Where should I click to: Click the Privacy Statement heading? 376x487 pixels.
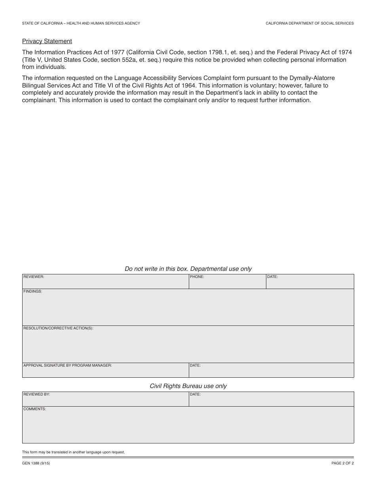(47, 41)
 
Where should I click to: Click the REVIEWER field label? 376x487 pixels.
(34, 277)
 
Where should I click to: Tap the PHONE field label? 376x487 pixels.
(197, 277)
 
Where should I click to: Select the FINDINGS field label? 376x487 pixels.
(33, 291)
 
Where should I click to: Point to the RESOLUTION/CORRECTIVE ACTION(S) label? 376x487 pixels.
(58, 329)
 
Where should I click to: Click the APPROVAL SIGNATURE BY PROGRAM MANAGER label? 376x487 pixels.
(68, 365)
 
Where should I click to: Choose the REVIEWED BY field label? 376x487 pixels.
(37, 394)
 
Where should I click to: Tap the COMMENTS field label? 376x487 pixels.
(35, 409)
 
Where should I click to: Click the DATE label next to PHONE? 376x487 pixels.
(272, 277)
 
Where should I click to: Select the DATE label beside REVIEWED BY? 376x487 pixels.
(195, 394)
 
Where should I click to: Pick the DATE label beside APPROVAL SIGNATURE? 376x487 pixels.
(195, 365)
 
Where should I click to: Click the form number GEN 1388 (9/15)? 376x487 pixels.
(36, 463)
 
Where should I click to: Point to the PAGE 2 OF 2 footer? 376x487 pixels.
(342, 463)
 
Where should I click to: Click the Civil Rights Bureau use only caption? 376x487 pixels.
(188, 386)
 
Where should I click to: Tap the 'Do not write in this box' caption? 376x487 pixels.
(188, 269)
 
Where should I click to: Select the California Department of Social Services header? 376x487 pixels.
(310, 23)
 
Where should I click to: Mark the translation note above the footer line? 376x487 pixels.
(73, 452)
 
